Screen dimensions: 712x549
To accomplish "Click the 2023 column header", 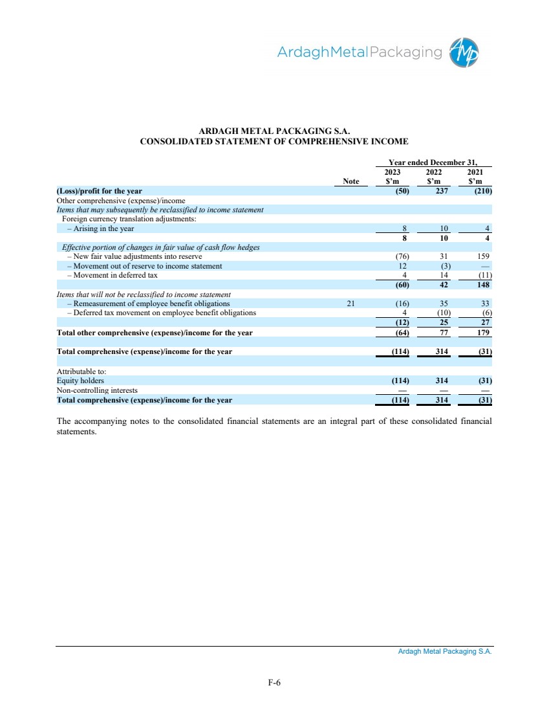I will pyautogui.click(x=393, y=173).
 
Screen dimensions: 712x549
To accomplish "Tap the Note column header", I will pyautogui.click(x=351, y=182).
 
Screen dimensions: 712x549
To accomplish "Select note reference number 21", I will pyautogui.click(x=351, y=304).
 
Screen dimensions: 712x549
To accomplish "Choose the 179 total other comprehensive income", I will pyautogui.click(x=482, y=333).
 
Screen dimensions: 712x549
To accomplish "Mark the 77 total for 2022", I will pyautogui.click(x=443, y=333).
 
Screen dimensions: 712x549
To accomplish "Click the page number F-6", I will pyautogui.click(x=274, y=682).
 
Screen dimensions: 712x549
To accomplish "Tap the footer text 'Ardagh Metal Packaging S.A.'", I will pyautogui.click(x=445, y=652).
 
